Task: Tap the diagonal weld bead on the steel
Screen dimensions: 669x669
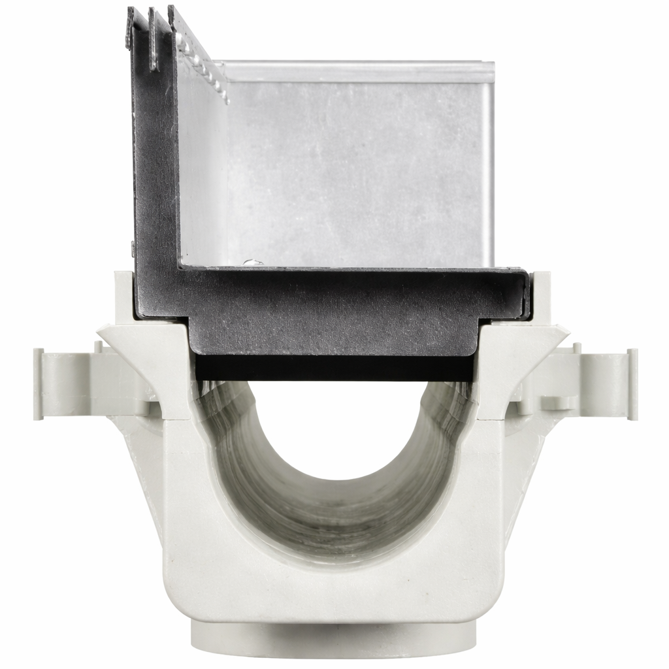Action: tap(203, 65)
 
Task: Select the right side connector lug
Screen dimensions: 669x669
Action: tap(604, 382)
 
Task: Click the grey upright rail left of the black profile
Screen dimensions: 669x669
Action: tap(123, 294)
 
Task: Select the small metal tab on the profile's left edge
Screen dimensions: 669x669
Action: tap(133, 248)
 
